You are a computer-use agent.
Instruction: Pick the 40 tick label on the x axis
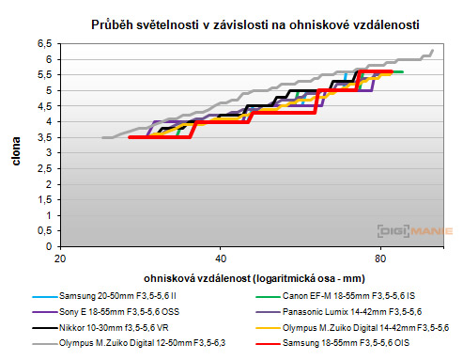[x=221, y=258]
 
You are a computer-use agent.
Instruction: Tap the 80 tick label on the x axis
[x=379, y=258]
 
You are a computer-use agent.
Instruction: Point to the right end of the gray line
[x=433, y=50]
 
